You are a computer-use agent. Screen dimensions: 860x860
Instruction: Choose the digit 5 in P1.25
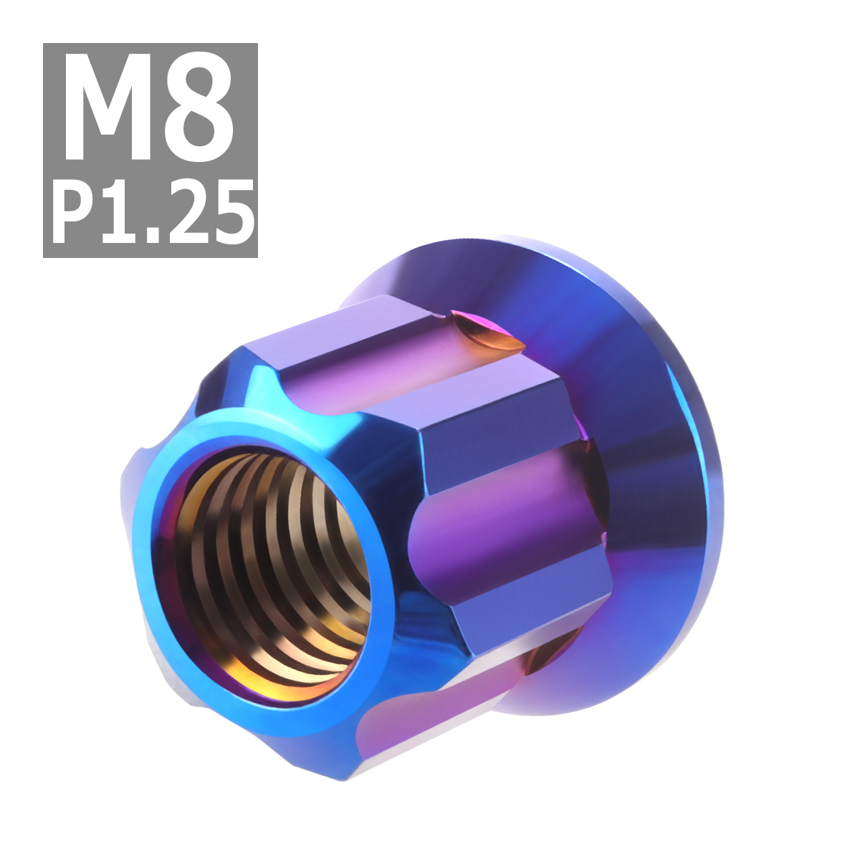(231, 212)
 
